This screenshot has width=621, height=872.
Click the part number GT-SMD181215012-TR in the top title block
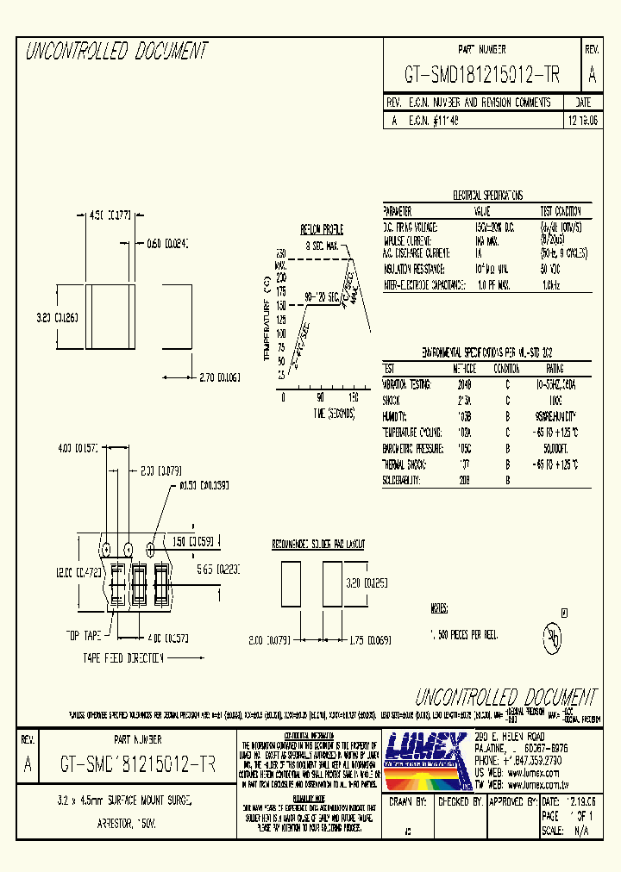click(x=482, y=75)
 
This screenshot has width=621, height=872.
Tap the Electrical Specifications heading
click(x=487, y=196)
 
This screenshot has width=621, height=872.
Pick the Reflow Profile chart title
click(x=321, y=229)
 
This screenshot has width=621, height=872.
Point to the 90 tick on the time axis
click(x=319, y=397)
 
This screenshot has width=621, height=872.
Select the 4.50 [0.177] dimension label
click(x=110, y=215)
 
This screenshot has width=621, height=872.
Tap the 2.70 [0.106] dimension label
click(x=219, y=377)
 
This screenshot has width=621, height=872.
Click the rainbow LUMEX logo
click(x=426, y=759)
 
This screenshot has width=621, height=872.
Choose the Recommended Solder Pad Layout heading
click(x=318, y=545)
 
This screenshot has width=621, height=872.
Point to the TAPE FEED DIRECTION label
click(x=123, y=657)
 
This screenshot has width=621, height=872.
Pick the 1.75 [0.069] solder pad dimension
click(x=367, y=640)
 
